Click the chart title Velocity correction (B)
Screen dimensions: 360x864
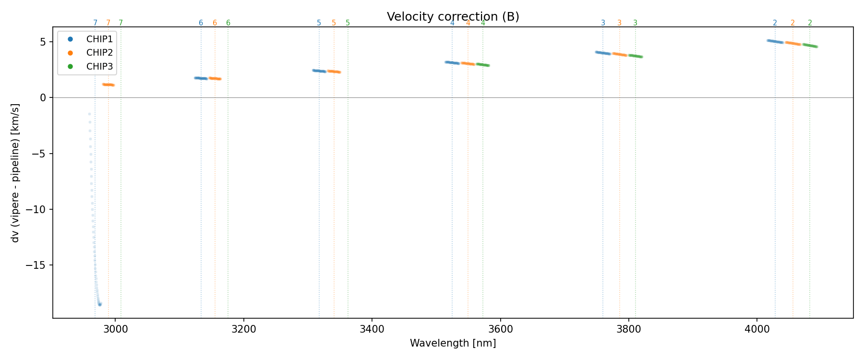coord(453,17)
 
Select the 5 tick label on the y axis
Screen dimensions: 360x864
coord(43,42)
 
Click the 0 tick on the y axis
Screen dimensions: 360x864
coord(43,98)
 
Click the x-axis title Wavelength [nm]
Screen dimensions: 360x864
coord(453,343)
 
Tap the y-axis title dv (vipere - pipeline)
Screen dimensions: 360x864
coord(15,173)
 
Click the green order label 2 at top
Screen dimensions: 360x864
coord(810,23)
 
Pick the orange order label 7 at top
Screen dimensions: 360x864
coord(108,23)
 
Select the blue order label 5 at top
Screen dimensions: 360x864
coord(319,23)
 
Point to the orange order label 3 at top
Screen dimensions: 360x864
coord(619,23)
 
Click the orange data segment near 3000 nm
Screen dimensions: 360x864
coord(108,85)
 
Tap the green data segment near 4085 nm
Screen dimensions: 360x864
coord(810,46)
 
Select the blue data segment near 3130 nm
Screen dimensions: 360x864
coord(201,78)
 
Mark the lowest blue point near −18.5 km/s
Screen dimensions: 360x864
coord(100,304)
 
